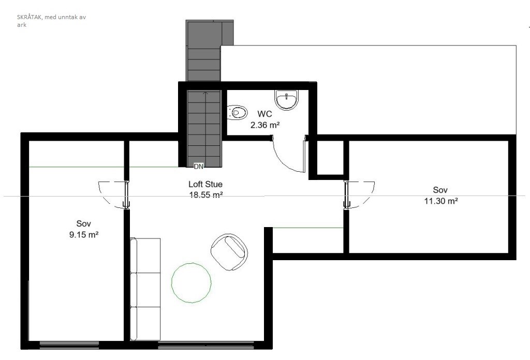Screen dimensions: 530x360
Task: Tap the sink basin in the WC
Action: tap(287, 99)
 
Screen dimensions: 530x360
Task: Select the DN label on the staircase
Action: tap(199, 166)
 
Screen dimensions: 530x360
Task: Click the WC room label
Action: tap(264, 114)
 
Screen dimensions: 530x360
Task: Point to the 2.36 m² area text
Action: tap(265, 125)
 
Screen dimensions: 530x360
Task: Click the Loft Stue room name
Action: tap(205, 184)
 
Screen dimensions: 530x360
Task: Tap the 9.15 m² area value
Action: tap(84, 234)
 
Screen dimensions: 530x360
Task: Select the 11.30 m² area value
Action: tap(441, 201)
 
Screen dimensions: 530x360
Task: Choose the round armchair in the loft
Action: tap(229, 251)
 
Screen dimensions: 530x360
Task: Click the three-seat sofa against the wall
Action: tap(145, 289)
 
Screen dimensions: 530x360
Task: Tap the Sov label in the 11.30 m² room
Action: tap(440, 190)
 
